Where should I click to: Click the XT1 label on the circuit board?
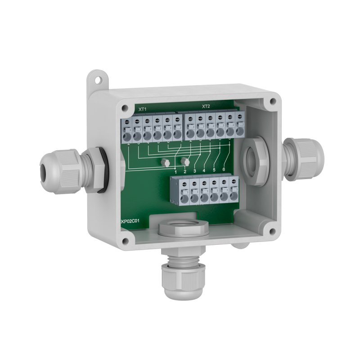[x=142, y=109]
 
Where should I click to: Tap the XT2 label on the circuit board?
[x=206, y=107]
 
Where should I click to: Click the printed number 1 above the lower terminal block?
[x=175, y=171]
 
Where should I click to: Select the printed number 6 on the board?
[x=224, y=170]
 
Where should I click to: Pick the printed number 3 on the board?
[x=195, y=171]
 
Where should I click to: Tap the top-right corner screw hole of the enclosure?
[x=272, y=102]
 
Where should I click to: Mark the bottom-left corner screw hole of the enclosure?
[x=125, y=241]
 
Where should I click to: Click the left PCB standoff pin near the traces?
[x=166, y=162]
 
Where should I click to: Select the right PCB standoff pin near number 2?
[x=184, y=161]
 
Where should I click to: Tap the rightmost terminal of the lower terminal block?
[x=234, y=192]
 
